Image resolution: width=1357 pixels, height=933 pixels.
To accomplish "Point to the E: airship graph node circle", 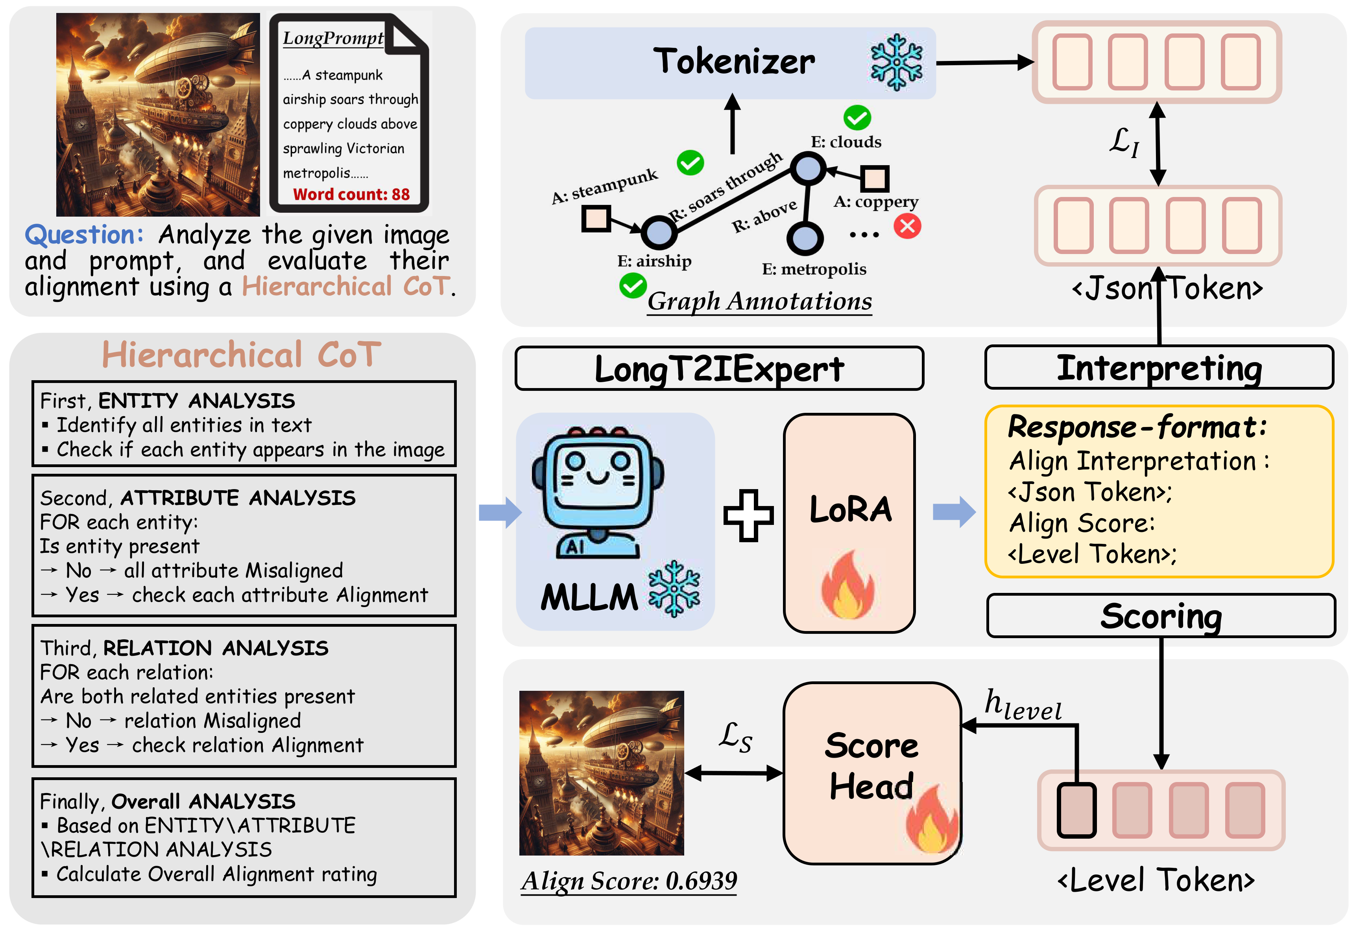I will [x=659, y=232].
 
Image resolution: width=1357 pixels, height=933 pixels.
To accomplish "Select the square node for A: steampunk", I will [x=596, y=219].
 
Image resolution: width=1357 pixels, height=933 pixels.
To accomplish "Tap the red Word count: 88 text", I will [x=351, y=194].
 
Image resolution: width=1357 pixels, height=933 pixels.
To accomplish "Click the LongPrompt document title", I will [x=333, y=38].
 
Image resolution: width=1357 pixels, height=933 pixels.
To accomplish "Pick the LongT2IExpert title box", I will [x=718, y=369].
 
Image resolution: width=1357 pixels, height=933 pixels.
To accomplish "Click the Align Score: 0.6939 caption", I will [x=629, y=880].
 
